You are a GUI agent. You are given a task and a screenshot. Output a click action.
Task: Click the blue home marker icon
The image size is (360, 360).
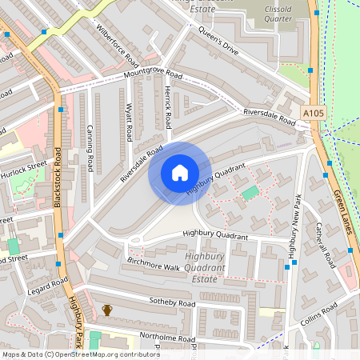tap(180, 173)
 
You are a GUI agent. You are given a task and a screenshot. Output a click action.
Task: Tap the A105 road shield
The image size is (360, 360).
tap(315, 114)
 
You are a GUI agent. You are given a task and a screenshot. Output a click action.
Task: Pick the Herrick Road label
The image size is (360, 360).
tap(168, 108)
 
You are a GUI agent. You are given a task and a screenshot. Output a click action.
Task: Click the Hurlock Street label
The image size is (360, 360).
tap(24, 170)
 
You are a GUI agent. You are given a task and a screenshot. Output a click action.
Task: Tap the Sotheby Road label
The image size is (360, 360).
tap(172, 303)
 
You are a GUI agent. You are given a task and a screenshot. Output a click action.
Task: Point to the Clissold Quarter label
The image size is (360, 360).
tap(274, 12)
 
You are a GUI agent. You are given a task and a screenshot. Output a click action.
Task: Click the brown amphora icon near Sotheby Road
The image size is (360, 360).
tap(107, 310)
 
